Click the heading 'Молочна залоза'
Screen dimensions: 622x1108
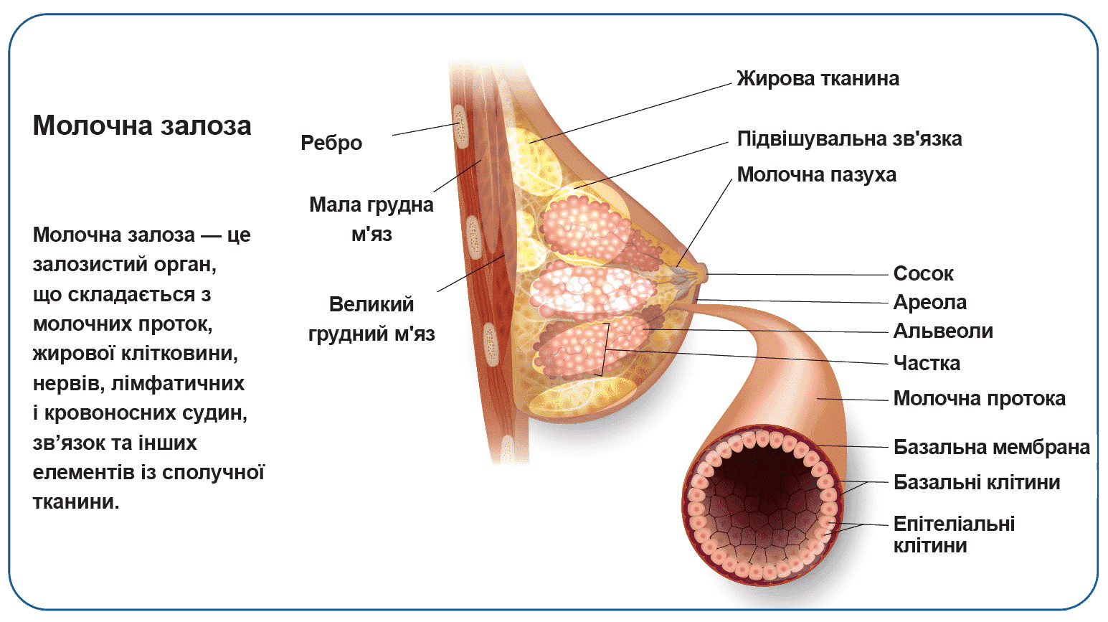[142, 126]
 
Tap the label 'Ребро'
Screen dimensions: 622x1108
[331, 143]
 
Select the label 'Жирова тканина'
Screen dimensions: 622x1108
[818, 78]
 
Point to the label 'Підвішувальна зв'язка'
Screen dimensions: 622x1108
[849, 138]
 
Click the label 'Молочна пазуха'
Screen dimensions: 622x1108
[816, 174]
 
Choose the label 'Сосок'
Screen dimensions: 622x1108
[923, 273]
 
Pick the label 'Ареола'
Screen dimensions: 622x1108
[929, 302]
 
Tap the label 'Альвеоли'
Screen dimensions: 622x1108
[943, 331]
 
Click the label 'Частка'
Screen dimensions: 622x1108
[927, 363]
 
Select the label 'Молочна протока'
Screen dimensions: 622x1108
[979, 398]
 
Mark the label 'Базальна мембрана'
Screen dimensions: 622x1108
[991, 447]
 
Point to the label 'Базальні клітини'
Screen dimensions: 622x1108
[976, 482]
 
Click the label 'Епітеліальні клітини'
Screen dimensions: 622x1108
[953, 534]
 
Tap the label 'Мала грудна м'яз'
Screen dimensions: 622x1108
[371, 219]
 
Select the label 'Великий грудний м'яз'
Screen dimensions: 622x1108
[371, 319]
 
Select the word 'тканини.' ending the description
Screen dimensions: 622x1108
[76, 501]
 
